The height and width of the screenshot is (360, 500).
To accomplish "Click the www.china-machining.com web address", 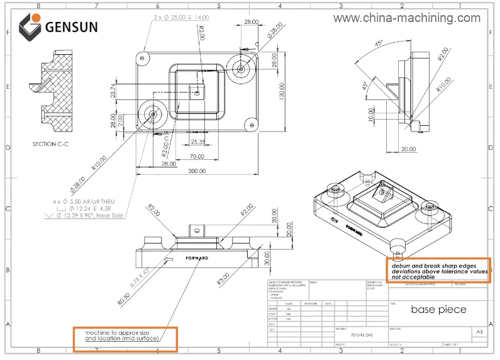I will pyautogui.click(x=406, y=18).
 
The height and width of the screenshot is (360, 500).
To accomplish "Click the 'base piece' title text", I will pyautogui.click(x=439, y=309).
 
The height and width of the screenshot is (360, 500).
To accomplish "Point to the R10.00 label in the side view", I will pyautogui.click(x=444, y=83).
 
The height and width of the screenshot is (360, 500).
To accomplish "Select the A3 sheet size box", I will pyautogui.click(x=480, y=331).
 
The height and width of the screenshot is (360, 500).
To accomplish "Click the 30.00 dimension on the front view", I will pyautogui.click(x=267, y=257).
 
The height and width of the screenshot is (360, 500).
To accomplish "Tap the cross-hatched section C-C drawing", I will pyautogui.click(x=55, y=91).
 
